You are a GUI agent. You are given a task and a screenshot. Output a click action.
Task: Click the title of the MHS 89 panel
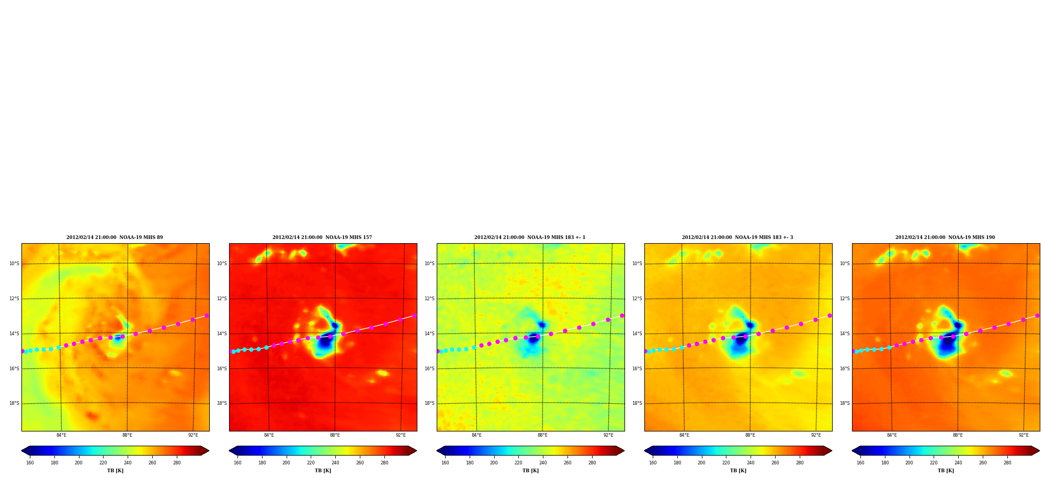115,237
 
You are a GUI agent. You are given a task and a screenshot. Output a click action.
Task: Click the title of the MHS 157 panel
322,237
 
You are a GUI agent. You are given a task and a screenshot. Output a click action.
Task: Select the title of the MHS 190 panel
945,237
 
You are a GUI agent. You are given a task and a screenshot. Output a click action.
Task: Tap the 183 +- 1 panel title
530,237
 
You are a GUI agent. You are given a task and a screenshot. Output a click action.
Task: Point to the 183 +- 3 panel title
737,237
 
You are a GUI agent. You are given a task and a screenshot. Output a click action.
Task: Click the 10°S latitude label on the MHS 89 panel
14,264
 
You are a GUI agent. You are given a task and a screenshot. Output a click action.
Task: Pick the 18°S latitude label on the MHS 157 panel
222,403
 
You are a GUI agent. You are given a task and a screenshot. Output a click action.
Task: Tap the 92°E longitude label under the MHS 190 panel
1024,435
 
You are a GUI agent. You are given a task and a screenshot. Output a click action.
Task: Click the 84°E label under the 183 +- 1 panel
476,435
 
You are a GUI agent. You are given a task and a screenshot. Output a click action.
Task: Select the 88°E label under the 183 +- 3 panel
750,435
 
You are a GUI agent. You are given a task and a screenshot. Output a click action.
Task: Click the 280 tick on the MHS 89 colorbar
177,463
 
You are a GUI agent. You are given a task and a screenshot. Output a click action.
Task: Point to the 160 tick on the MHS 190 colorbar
860,463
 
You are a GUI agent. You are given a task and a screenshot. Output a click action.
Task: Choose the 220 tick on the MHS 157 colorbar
311,463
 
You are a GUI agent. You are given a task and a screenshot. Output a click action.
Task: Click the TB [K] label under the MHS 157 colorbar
323,471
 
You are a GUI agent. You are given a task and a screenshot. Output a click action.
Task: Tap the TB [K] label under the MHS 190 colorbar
946,471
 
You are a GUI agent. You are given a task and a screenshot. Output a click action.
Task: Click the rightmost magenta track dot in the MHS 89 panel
207,315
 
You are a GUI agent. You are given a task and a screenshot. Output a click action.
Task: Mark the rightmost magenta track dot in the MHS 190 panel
1037,315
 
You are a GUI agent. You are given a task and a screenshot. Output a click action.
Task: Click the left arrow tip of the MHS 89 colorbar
21,451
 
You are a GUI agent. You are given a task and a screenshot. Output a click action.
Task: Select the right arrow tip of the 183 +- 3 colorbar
832,451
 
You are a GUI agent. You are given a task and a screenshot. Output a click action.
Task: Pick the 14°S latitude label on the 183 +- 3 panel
637,334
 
